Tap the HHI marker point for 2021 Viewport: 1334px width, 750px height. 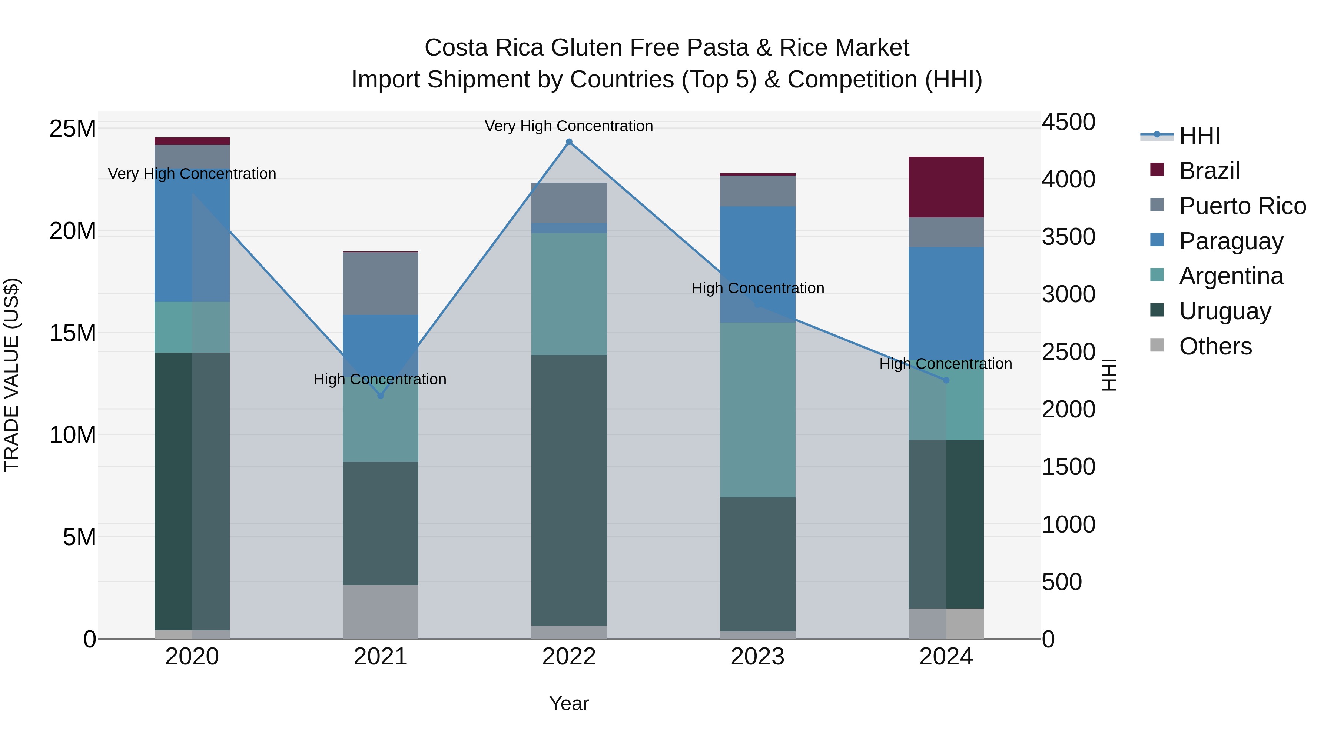tap(380, 396)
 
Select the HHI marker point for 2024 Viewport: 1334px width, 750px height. tap(946, 380)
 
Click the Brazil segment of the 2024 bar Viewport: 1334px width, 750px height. tap(946, 187)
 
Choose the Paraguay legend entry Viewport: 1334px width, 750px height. tap(1231, 241)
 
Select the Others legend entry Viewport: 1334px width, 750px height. tap(1215, 346)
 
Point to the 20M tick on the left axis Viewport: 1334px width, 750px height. tap(73, 231)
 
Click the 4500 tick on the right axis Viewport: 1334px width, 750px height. tap(1068, 123)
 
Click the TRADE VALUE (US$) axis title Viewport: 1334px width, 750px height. tap(12, 375)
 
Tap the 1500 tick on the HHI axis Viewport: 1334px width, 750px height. tap(1068, 467)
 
